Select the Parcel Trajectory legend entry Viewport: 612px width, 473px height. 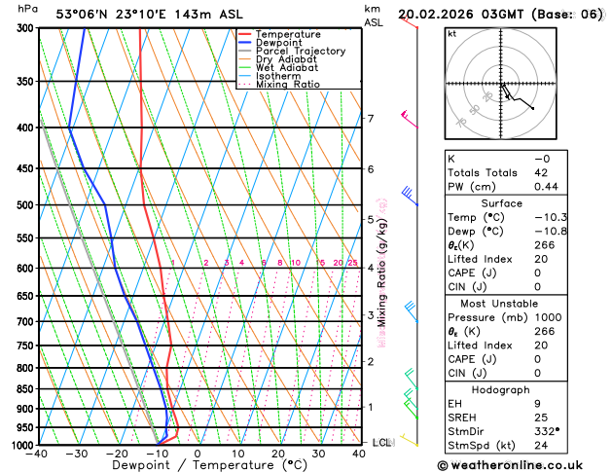tap(300, 51)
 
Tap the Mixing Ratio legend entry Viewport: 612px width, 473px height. tap(288, 84)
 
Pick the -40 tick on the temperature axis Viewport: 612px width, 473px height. tap(36, 454)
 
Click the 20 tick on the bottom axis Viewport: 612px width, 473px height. tap(278, 454)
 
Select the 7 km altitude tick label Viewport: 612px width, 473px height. tap(370, 119)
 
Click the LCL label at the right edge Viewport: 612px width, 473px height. tap(382, 442)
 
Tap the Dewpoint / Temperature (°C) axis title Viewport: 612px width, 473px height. tap(197, 465)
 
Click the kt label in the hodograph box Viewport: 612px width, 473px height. tap(451, 33)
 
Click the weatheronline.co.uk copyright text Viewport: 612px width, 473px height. tap(523, 465)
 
